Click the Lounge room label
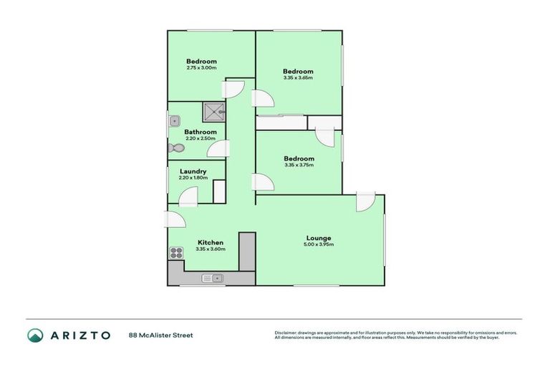click(x=318, y=238)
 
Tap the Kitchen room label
click(x=210, y=242)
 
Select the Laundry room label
click(x=193, y=171)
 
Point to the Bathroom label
click(x=200, y=132)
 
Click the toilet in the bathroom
click(x=175, y=148)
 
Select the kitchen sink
click(x=213, y=278)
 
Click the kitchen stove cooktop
click(x=176, y=252)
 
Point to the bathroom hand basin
click(x=172, y=122)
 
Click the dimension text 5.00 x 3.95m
click(x=318, y=245)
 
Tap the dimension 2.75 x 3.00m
click(x=201, y=68)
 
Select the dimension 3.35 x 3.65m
click(x=297, y=78)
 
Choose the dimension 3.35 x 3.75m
click(x=299, y=166)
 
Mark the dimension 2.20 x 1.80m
click(x=193, y=178)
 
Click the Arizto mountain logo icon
click(x=35, y=335)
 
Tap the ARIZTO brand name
click(x=80, y=335)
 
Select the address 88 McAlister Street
click(x=160, y=335)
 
